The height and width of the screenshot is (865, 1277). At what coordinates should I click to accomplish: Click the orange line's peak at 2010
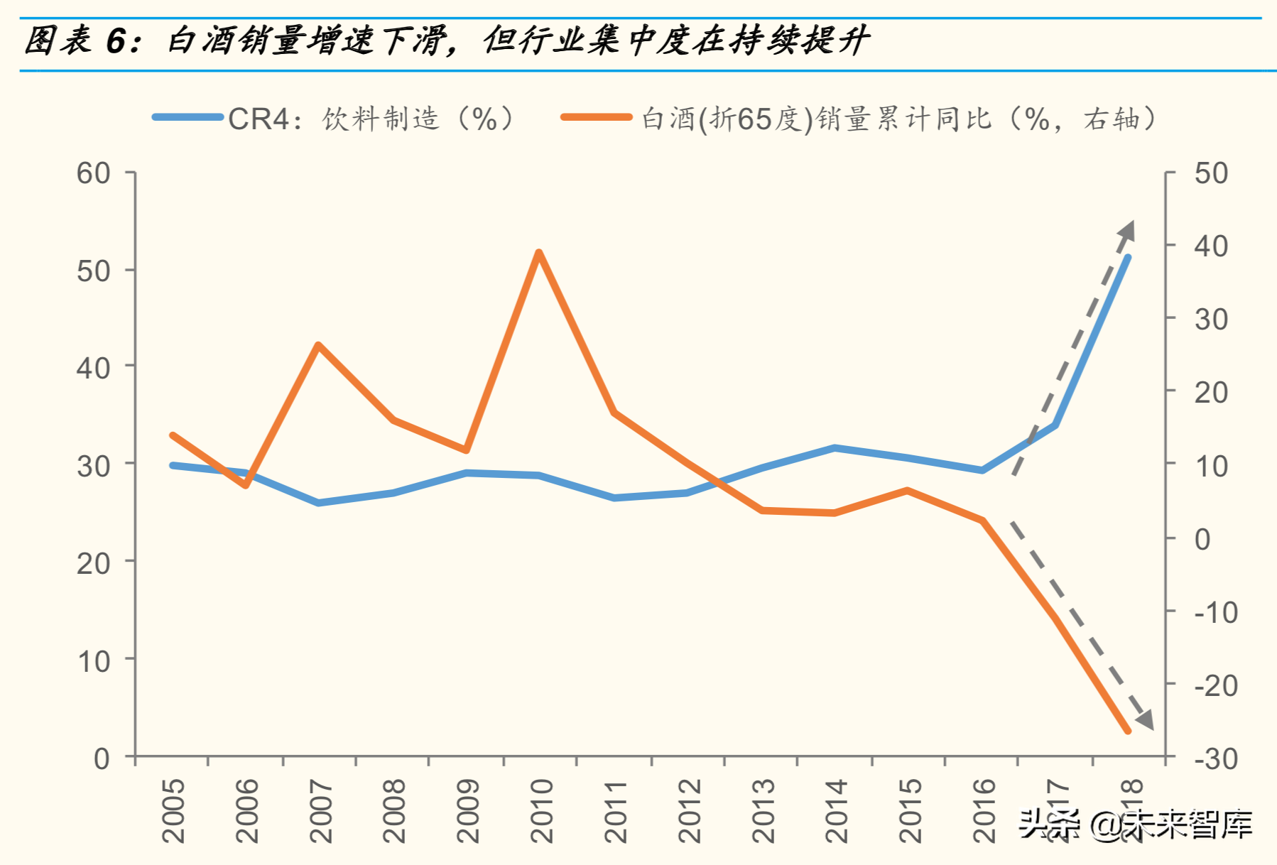coord(538,253)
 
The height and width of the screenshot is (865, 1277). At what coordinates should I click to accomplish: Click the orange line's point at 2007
coord(318,345)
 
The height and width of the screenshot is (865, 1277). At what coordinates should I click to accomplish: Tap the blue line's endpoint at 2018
coord(1128,257)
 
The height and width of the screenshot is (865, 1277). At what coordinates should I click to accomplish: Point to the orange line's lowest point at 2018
coord(1128,731)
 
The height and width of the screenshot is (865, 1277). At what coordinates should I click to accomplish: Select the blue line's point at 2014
coord(835,448)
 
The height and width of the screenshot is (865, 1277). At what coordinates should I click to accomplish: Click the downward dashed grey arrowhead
coord(1145,721)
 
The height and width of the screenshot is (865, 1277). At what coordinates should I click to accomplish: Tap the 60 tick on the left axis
coord(94,173)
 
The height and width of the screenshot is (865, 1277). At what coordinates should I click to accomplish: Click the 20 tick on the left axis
coord(94,563)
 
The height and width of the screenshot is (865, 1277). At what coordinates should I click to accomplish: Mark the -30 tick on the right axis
coord(1216,759)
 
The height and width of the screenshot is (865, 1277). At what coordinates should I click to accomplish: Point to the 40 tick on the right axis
coord(1211,246)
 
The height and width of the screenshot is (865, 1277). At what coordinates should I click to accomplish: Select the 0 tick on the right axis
coord(1202,539)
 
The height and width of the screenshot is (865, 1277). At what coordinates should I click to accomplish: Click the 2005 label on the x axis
coord(173,810)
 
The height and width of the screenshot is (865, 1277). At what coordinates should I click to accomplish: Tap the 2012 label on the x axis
coord(689,810)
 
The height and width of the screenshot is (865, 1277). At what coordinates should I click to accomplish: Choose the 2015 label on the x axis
coord(910,810)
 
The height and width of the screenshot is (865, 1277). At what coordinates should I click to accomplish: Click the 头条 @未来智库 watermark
coord(1135,824)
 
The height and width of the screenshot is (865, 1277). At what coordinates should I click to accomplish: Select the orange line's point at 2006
coord(246,485)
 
